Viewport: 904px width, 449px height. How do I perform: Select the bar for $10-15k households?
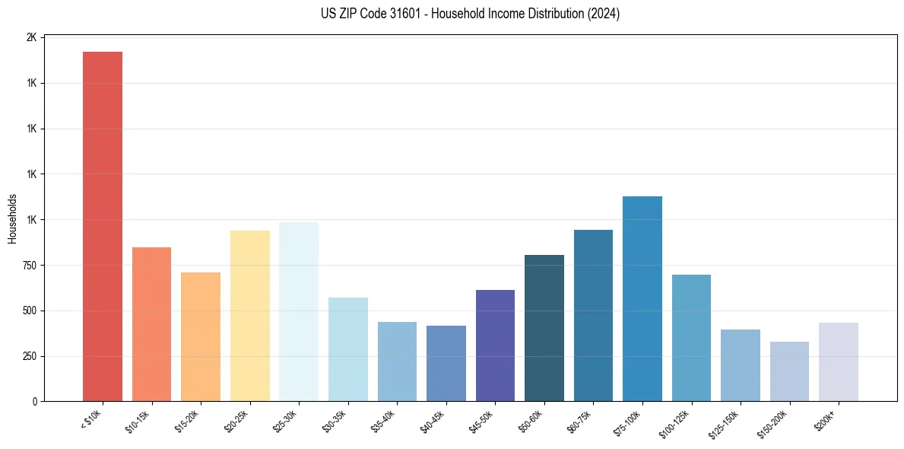[151, 324]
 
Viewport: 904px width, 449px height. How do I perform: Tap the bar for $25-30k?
[299, 311]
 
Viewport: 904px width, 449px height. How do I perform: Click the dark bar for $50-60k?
[544, 328]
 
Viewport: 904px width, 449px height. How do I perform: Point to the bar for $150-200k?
[789, 371]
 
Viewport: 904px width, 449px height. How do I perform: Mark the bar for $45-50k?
[495, 346]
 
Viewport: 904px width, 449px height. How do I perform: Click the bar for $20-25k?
[249, 316]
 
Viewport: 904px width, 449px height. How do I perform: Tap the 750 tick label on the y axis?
[30, 266]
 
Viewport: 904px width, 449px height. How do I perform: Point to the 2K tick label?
[32, 37]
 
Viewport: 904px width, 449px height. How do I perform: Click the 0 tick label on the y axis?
[35, 402]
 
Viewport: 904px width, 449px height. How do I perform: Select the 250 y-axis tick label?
[30, 356]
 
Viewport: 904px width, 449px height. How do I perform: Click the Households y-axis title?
[12, 218]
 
